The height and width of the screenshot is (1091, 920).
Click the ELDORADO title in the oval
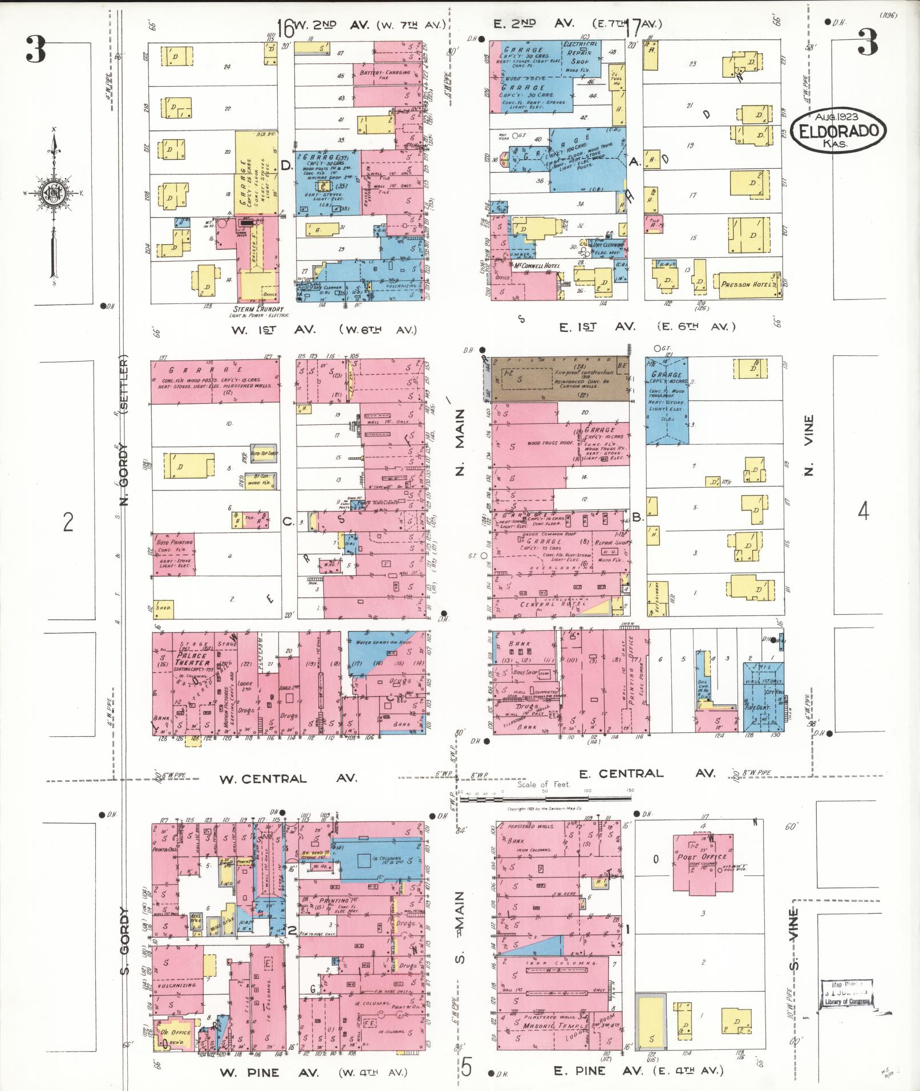point(842,132)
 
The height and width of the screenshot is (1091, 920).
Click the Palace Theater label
point(192,659)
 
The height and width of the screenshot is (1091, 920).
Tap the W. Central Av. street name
point(288,778)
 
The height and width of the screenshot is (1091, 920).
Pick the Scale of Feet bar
point(548,799)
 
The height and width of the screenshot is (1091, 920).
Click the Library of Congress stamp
point(848,995)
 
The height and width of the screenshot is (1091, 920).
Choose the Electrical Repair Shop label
point(580,52)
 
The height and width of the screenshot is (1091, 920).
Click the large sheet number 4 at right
point(864,512)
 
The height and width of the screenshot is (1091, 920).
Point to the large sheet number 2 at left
point(68,521)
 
